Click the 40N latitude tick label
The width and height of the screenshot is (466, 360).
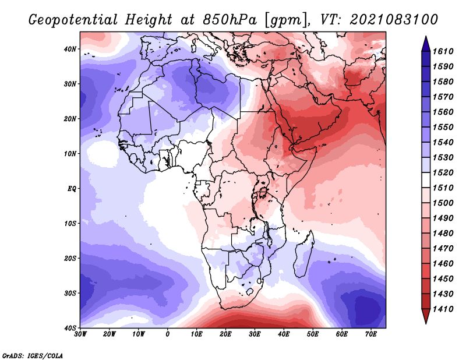click(70, 49)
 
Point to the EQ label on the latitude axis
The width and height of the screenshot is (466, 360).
click(72, 189)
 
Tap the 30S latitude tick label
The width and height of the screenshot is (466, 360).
click(70, 294)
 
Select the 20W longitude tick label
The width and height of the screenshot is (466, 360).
click(109, 334)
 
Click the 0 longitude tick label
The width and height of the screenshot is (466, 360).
click(167, 334)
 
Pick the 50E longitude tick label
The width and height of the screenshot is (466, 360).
click(313, 334)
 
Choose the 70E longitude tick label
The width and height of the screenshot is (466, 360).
click(370, 334)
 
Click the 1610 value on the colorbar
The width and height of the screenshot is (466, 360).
click(443, 51)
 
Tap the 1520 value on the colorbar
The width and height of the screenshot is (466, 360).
click(443, 172)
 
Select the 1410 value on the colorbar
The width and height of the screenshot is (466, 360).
click(443, 309)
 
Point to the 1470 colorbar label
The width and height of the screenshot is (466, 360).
click(443, 249)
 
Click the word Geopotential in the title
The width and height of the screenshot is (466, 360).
click(73, 20)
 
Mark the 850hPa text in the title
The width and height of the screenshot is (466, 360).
click(230, 20)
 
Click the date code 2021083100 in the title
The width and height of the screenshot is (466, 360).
click(394, 20)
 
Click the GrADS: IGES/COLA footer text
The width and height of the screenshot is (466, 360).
click(33, 356)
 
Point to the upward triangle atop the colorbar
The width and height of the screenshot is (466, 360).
click(426, 44)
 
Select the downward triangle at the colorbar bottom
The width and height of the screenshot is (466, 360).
click(426, 316)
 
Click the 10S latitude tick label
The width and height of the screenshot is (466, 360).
click(70, 224)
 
